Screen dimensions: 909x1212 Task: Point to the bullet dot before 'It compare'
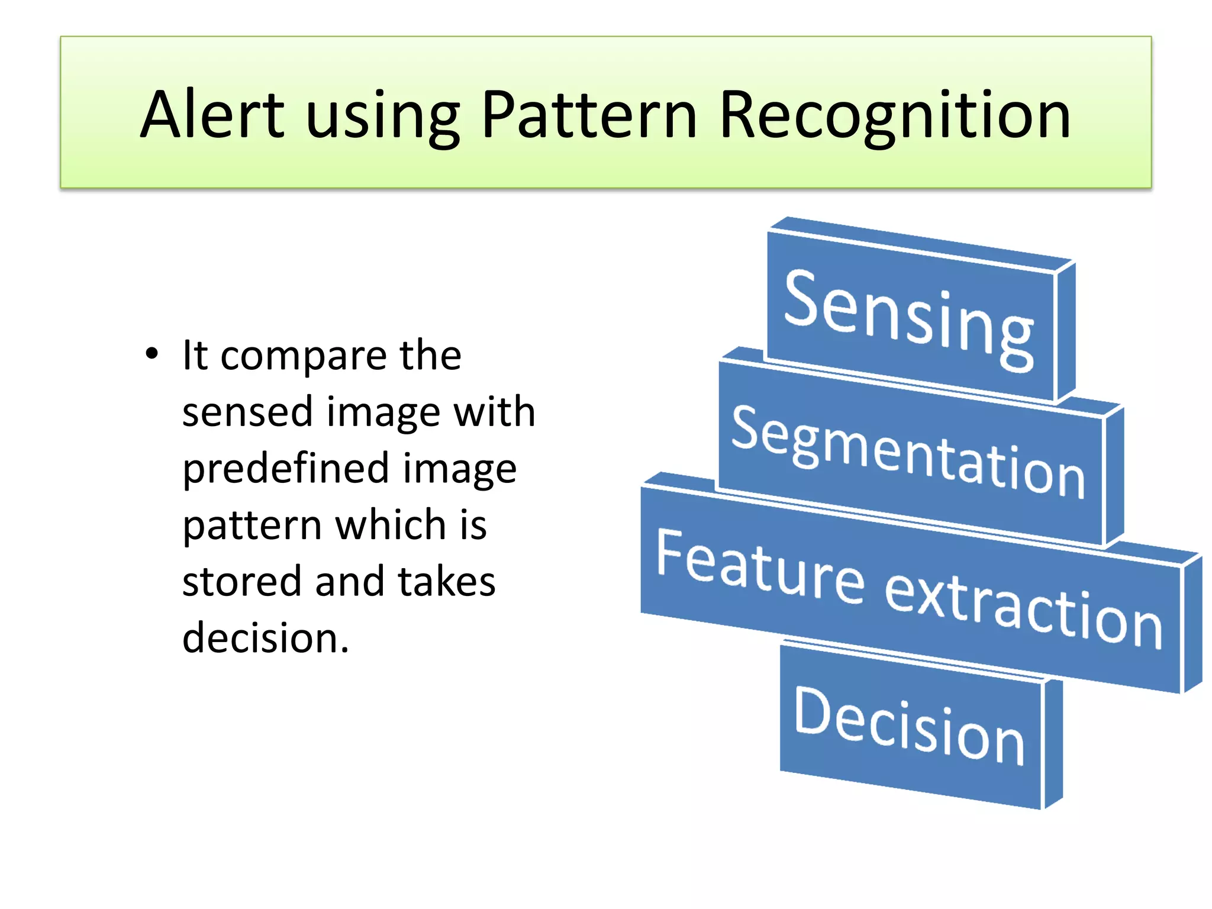click(152, 354)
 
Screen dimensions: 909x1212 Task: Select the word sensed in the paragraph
click(247, 412)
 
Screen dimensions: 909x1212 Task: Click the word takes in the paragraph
click(446, 582)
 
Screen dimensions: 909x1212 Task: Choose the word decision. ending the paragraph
click(266, 638)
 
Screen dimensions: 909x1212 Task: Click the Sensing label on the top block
click(909, 320)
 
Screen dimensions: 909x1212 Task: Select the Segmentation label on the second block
click(909, 453)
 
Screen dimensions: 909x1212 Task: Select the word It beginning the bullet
click(195, 356)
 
